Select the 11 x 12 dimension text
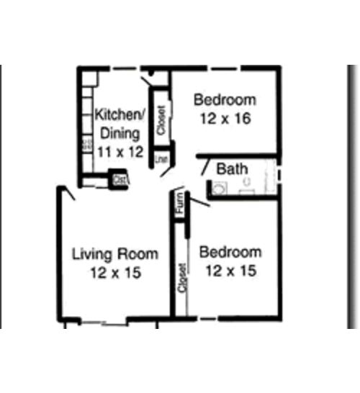click(x=120, y=152)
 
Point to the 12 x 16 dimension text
click(x=222, y=118)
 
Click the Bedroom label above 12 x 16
click(x=224, y=99)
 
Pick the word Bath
click(x=232, y=169)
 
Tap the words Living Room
click(x=115, y=254)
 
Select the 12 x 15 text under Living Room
click(x=115, y=273)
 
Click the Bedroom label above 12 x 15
click(x=230, y=253)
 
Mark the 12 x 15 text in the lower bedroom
click(x=230, y=271)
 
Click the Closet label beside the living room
click(x=183, y=278)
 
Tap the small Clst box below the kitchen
click(x=118, y=178)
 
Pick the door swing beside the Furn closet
click(x=199, y=201)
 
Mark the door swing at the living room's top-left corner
click(x=67, y=193)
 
